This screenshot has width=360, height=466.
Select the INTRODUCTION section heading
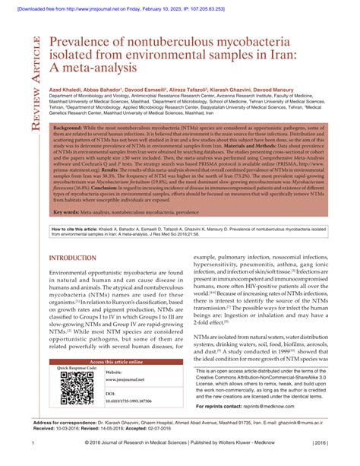click(72, 258)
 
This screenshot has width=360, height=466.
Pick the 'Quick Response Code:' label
click(77, 368)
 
